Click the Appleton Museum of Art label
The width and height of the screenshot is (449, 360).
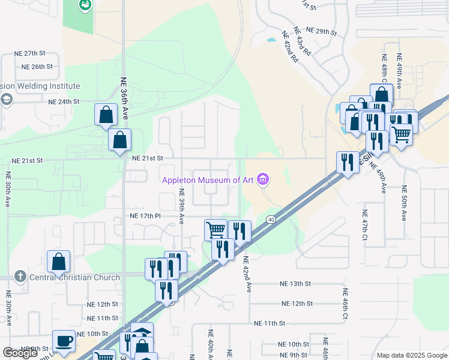tap(208, 179)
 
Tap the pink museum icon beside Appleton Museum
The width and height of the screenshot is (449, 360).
tap(262, 179)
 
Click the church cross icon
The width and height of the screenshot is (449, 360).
tap(20, 277)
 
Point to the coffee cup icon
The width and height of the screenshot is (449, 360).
tap(64, 341)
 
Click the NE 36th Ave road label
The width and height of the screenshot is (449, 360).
tap(124, 97)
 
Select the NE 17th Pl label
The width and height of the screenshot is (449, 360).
tap(145, 215)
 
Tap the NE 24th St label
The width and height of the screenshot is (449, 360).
tap(64, 101)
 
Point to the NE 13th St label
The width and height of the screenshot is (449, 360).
tap(295, 284)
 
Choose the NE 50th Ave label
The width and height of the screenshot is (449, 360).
tap(403, 203)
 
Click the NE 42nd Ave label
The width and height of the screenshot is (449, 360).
tap(246, 275)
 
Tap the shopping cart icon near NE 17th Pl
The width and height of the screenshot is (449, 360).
tap(215, 229)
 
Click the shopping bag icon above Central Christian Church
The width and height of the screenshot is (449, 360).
tap(59, 262)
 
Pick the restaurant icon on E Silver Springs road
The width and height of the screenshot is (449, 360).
tap(348, 161)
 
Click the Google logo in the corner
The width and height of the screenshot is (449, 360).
tap(20, 353)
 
